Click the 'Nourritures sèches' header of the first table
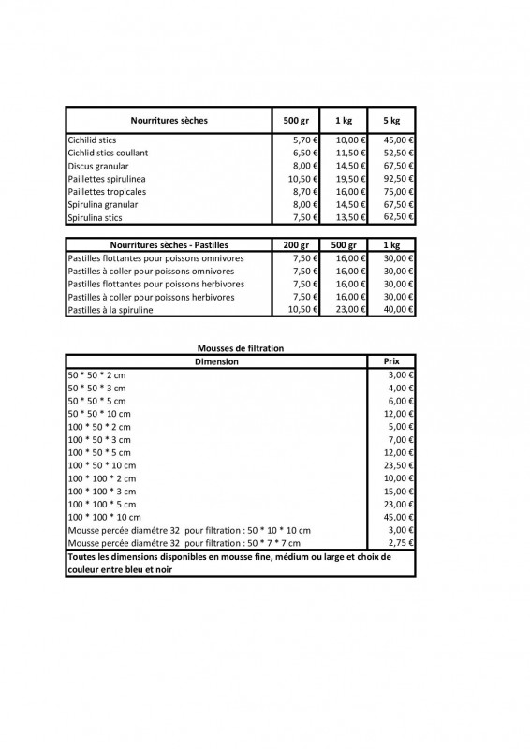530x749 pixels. click(x=169, y=121)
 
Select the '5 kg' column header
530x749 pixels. click(x=391, y=121)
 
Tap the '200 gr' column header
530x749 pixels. click(x=297, y=244)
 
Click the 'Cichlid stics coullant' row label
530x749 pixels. click(x=108, y=153)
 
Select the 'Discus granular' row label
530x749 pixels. click(x=98, y=166)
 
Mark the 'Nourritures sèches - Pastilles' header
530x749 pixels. click(x=169, y=244)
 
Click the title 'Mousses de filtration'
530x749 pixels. click(x=240, y=348)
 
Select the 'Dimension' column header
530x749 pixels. click(x=216, y=360)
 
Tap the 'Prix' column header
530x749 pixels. click(x=391, y=360)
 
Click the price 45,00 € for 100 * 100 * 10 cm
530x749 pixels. click(x=400, y=517)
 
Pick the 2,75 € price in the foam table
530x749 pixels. click(x=402, y=543)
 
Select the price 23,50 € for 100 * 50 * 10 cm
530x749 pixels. click(x=400, y=464)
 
